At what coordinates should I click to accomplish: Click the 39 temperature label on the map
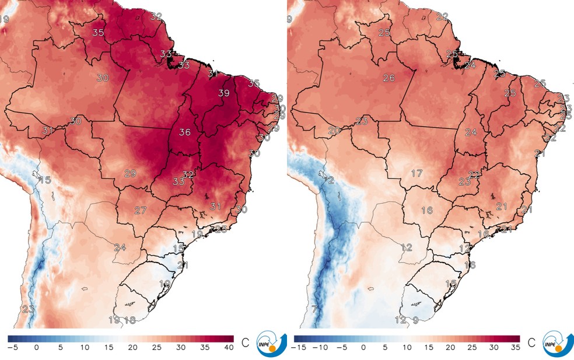[223, 93]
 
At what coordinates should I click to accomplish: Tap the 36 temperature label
[185, 132]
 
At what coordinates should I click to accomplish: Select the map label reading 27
[140, 210]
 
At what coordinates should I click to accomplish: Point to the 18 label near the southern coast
[130, 320]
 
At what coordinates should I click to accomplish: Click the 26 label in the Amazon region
[389, 78]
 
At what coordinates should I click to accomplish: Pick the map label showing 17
[416, 174]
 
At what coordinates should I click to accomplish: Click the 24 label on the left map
[120, 247]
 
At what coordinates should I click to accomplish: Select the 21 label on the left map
[183, 265]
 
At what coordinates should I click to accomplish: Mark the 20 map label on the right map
[334, 131]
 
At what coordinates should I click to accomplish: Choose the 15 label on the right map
[451, 283]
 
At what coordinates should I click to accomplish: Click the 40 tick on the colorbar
[228, 348]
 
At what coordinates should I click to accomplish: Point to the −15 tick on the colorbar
[300, 348]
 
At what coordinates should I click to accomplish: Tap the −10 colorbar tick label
[321, 348]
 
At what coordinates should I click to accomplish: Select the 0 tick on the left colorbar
[37, 348]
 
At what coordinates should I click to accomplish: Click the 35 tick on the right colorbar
[514, 348]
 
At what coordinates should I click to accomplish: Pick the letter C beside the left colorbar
[244, 341]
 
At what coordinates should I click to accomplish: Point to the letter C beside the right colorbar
[531, 341]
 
